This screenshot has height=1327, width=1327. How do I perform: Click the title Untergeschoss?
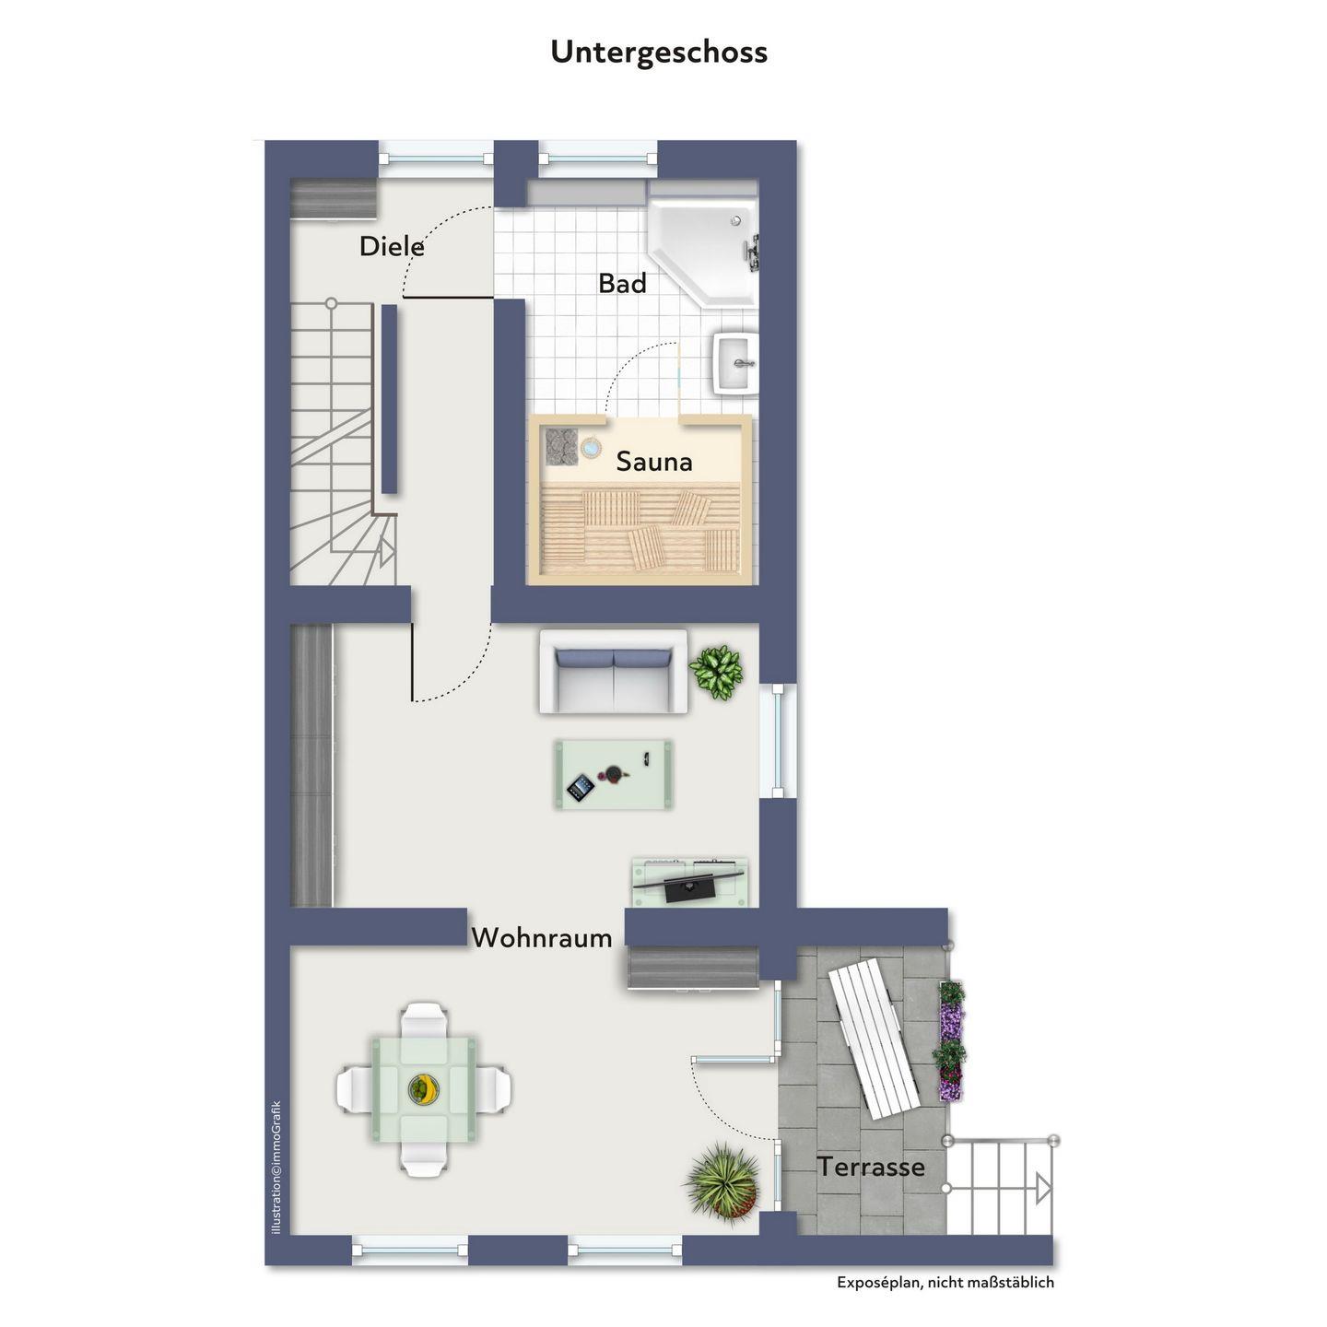coord(659,53)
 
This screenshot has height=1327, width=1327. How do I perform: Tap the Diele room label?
coord(391,247)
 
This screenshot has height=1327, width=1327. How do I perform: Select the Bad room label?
coord(623,284)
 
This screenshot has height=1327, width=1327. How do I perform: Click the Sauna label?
coord(654,462)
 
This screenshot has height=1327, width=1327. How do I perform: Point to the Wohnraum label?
coord(542,938)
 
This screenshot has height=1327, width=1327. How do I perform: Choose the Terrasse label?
coord(871,1167)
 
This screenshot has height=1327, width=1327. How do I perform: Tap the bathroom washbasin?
coord(736,363)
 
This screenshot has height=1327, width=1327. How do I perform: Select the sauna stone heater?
coord(561,445)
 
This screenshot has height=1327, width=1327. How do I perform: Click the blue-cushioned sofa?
coord(614,672)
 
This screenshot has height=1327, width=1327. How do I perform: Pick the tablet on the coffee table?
coord(579,788)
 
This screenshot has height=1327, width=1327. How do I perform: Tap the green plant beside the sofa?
coord(716,672)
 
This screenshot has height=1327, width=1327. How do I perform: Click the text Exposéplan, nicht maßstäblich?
coord(945,1282)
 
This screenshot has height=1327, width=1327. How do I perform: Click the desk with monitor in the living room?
coord(691,883)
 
